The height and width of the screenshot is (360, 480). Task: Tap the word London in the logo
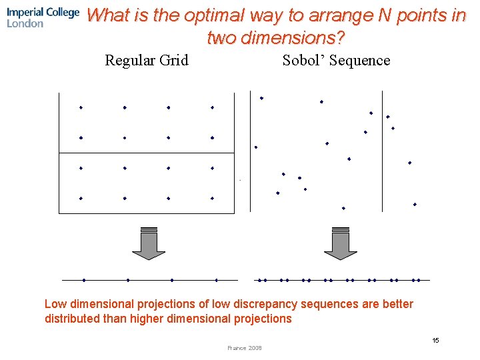pos(25,23)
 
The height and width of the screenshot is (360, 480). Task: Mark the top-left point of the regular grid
pos(81,107)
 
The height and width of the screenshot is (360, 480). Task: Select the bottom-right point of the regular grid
pos(212,198)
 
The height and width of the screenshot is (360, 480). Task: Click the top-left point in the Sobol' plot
pos(261,98)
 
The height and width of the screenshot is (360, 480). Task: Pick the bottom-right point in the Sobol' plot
pos(415,204)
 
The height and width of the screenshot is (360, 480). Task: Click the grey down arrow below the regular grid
pos(148,244)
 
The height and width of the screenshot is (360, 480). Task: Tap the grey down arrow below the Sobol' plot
pos(340,244)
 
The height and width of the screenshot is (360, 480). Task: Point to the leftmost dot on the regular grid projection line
pos(84,280)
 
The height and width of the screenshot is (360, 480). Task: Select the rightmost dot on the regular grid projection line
pos(216,280)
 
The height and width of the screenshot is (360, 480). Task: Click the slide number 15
pos(435,341)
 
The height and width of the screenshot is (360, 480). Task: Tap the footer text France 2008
pos(245,348)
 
